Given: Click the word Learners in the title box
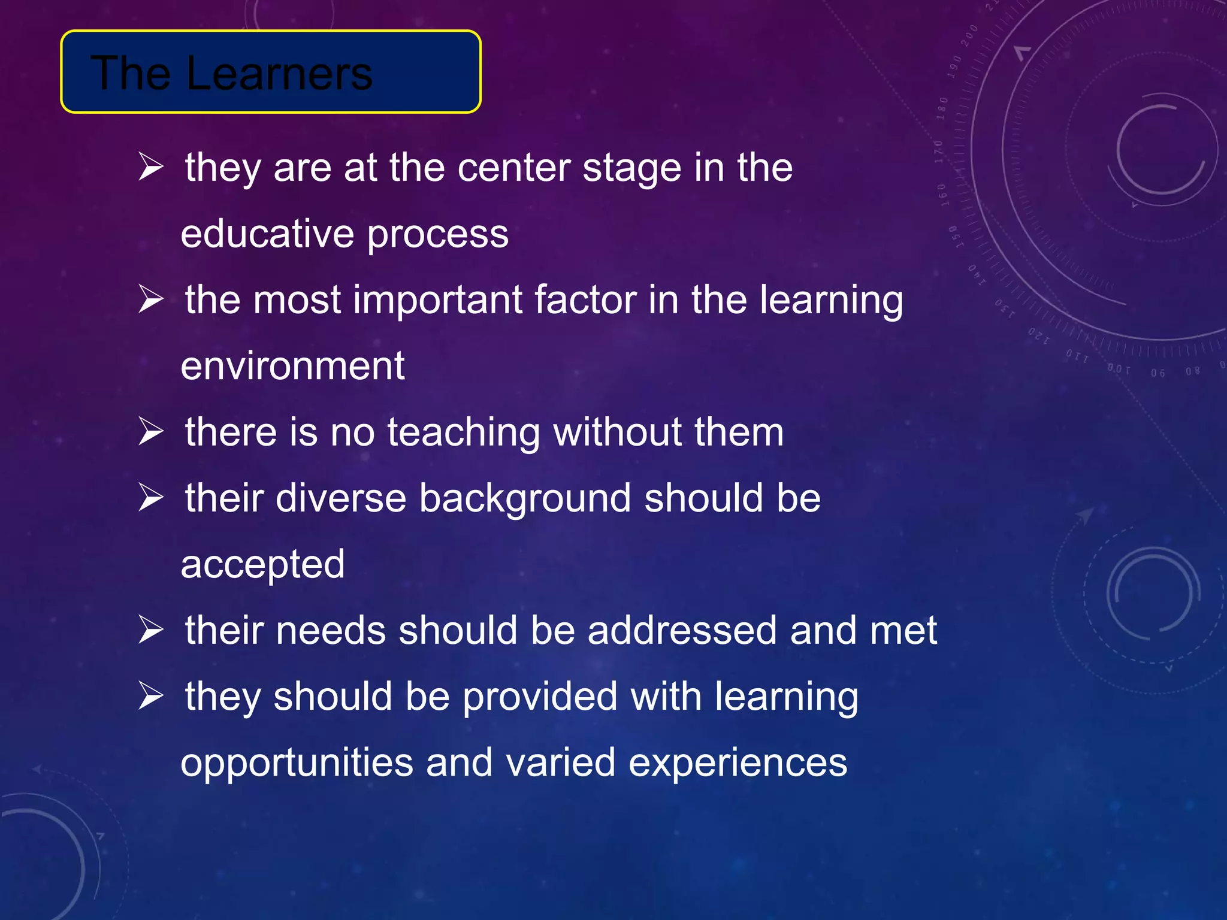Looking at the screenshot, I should (x=279, y=73).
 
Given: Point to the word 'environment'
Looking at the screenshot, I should (x=292, y=366).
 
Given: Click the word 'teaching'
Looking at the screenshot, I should (x=464, y=432).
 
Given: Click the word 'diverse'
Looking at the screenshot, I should (x=341, y=498).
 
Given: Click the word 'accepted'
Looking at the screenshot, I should (x=262, y=565).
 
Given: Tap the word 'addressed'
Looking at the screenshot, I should (x=682, y=631).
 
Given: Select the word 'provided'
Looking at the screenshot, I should (x=540, y=697).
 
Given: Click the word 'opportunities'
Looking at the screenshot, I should (x=297, y=764).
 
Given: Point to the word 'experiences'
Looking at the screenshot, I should (x=738, y=764).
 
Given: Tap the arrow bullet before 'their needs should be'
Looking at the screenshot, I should (x=150, y=630).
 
